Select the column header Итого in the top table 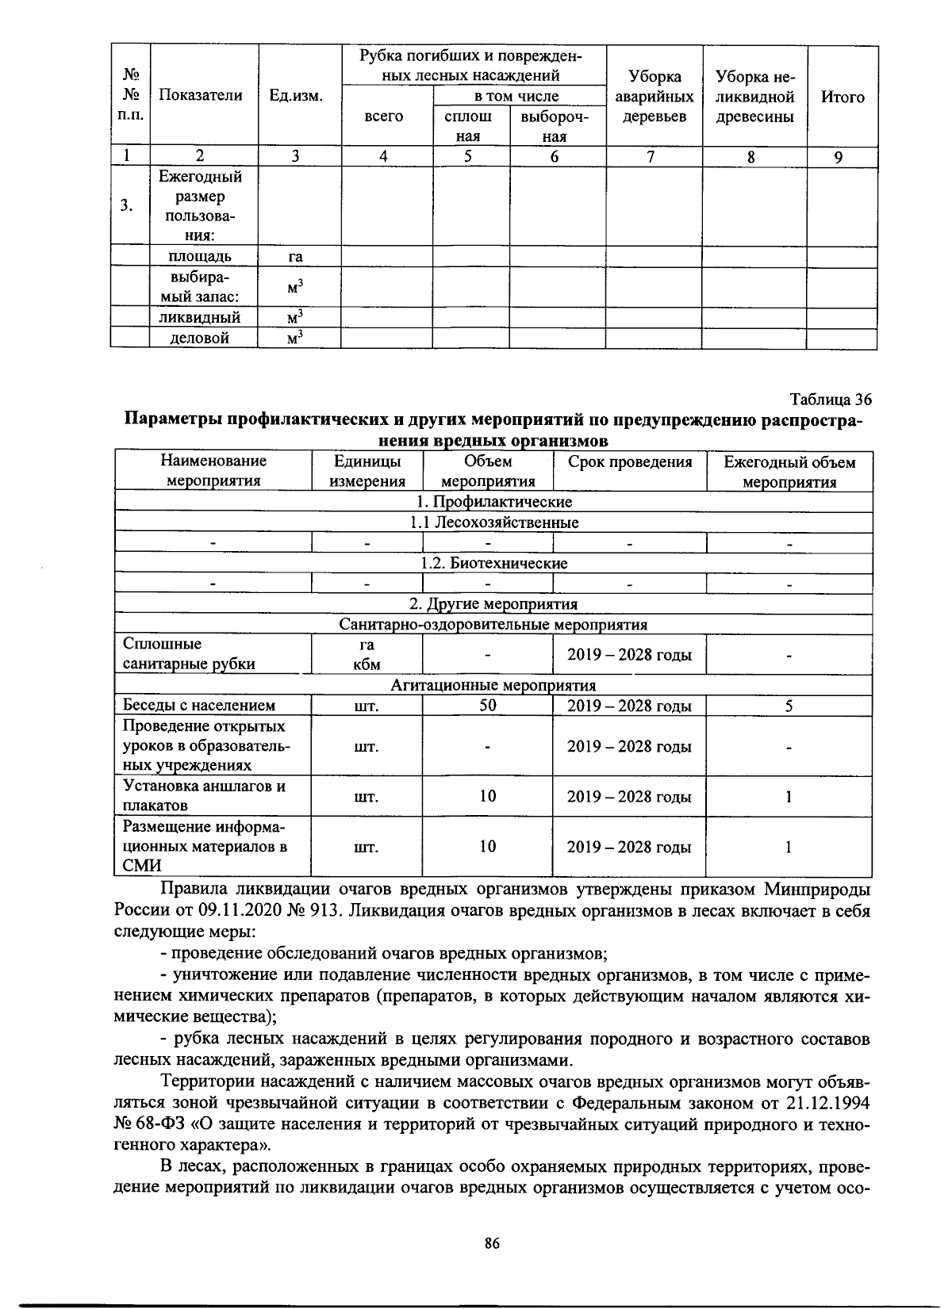[843, 97]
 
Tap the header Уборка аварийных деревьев [654, 97]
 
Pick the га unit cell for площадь [296, 256]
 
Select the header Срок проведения [629, 462]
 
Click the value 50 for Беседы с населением [488, 706]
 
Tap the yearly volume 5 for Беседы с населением [789, 706]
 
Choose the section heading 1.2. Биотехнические [493, 564]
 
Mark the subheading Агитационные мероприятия [493, 685]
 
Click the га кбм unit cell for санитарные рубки [367, 655]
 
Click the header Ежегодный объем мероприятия [789, 472]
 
